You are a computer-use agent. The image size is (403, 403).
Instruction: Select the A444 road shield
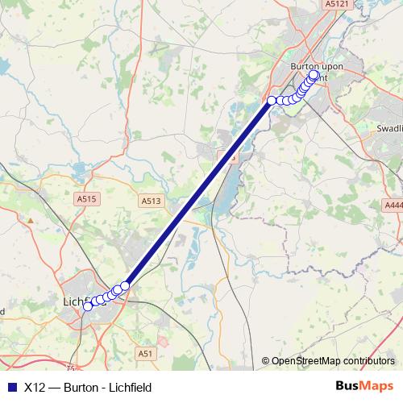(393, 206)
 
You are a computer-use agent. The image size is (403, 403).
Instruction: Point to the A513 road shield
(149, 201)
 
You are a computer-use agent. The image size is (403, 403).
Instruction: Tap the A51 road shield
(145, 353)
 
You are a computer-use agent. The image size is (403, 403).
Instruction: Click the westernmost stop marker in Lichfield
(88, 305)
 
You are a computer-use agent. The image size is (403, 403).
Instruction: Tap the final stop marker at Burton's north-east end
(314, 75)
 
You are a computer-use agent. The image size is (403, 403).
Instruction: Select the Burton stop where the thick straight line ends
(272, 100)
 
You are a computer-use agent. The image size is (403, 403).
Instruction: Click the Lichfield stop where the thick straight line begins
(125, 286)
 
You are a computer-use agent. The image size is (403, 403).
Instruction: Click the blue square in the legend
(10, 387)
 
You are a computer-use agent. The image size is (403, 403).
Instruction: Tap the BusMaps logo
(364, 386)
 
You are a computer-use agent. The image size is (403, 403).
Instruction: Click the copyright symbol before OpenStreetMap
(266, 361)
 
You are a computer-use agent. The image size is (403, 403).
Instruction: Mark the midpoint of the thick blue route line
(198, 193)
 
